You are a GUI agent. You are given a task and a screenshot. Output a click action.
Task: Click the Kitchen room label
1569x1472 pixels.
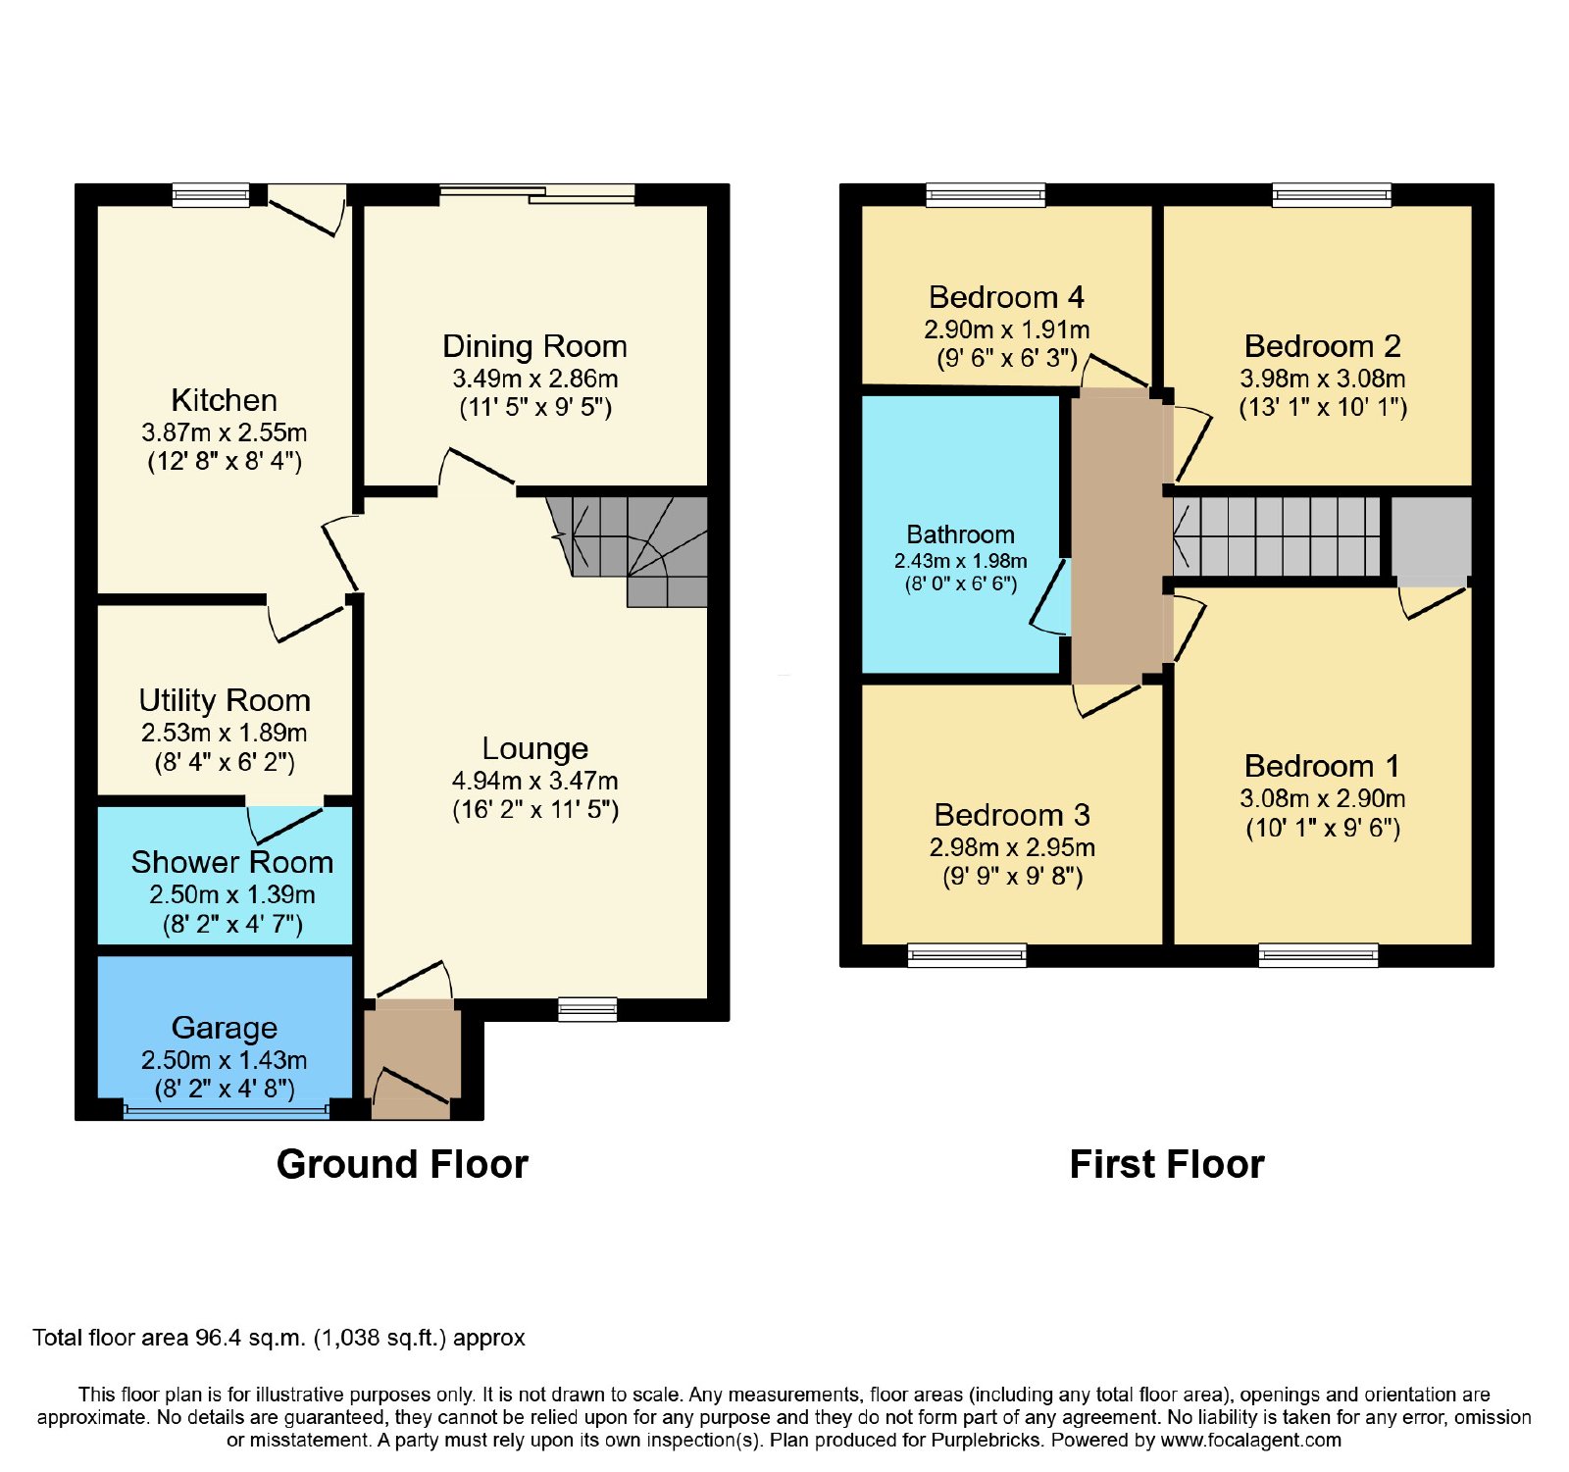click(224, 400)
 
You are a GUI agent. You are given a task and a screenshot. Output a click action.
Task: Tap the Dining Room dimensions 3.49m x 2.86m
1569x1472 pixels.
click(535, 379)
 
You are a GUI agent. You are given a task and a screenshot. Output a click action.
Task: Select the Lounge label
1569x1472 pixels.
click(535, 749)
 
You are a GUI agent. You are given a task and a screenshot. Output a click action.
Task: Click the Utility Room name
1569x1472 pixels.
click(225, 700)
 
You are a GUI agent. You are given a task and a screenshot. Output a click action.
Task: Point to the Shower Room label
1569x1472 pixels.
click(232, 862)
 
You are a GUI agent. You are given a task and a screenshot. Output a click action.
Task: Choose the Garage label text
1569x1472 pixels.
click(225, 1028)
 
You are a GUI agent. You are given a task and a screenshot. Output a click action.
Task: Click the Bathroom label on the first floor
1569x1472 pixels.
click(961, 534)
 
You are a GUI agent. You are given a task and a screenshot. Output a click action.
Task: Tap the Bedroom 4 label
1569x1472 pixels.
click(1007, 297)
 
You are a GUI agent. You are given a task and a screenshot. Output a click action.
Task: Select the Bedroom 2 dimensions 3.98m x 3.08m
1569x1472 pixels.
click(1323, 379)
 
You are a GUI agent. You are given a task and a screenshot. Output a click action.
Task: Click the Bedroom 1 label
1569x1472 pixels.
click(1323, 766)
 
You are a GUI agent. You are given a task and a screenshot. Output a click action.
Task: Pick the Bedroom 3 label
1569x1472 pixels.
click(1013, 815)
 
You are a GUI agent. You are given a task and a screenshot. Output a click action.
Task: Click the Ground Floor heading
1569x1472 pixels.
click(402, 1164)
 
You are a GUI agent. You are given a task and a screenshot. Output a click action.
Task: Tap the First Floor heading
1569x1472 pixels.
click(1167, 1164)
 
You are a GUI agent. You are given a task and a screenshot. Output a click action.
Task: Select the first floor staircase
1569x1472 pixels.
click(1276, 536)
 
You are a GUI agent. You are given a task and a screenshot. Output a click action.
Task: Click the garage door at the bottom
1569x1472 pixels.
click(227, 1111)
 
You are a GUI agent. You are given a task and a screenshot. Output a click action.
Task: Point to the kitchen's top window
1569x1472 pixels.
click(211, 195)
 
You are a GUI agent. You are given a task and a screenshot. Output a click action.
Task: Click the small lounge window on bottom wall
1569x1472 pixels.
click(587, 1009)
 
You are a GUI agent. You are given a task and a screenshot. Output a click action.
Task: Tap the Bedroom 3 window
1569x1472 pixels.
click(967, 955)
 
